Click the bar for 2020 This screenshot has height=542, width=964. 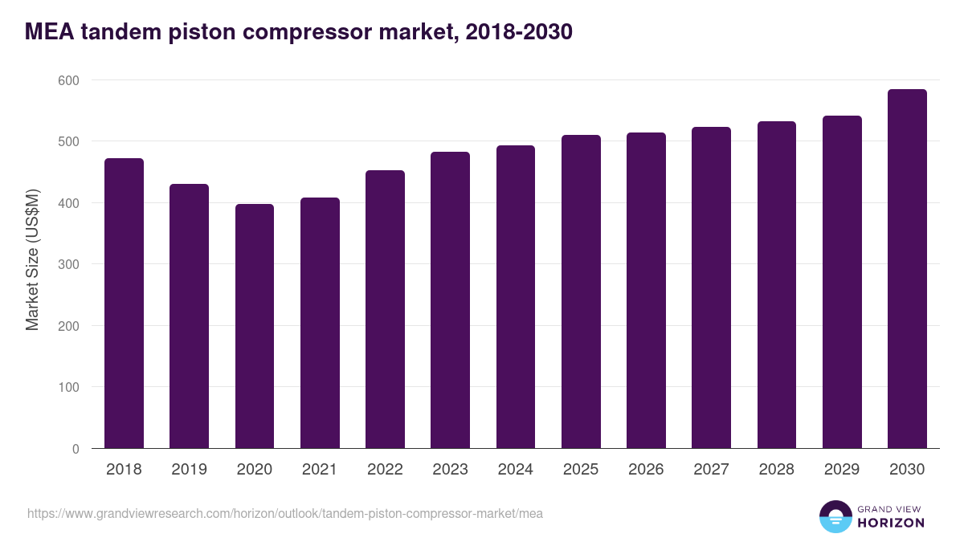(255, 326)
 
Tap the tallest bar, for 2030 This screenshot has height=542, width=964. (907, 269)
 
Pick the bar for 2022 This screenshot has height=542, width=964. (385, 309)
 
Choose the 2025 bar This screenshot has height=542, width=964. (581, 291)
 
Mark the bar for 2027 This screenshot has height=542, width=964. (711, 287)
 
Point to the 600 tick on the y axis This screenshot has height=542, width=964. (68, 80)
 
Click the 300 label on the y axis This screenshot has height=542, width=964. (68, 264)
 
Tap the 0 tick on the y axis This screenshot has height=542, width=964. (75, 449)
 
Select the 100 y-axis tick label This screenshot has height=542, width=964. (68, 387)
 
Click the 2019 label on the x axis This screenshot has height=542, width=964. (189, 470)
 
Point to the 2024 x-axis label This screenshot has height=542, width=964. (515, 470)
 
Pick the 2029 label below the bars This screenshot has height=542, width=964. (841, 470)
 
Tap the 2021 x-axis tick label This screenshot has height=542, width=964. (320, 470)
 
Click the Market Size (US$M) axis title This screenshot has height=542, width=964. (32, 259)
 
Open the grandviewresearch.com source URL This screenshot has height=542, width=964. (285, 513)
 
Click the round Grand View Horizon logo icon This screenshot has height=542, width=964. (835, 516)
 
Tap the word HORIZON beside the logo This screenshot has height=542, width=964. (891, 523)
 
